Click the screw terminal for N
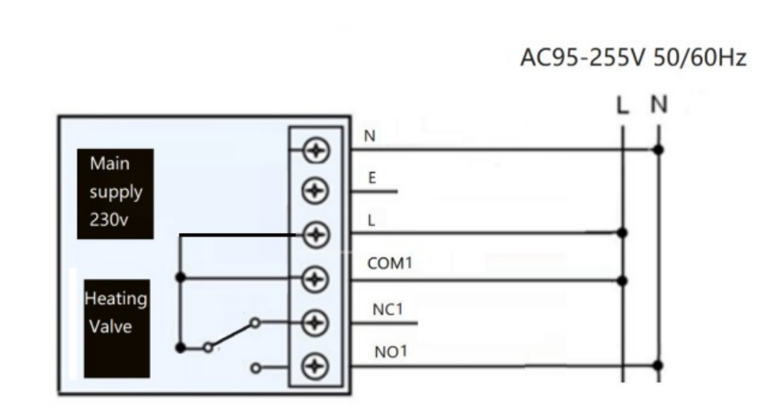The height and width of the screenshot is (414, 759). [x=315, y=151]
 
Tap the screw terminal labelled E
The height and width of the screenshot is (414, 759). [x=315, y=191]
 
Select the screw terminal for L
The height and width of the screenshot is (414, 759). [x=315, y=235]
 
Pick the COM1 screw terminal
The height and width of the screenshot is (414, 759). [x=315, y=279]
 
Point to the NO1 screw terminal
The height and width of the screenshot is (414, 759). [x=315, y=365]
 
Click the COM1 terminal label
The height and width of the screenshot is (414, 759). [x=389, y=264]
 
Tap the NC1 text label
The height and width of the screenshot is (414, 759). [x=387, y=308]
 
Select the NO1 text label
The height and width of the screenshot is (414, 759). [x=389, y=350]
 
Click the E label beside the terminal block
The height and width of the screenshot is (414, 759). [x=372, y=178]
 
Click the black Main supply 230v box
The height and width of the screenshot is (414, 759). [x=115, y=193]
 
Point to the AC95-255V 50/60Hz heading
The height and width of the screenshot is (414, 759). [x=633, y=59]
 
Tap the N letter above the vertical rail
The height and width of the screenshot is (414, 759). [x=658, y=105]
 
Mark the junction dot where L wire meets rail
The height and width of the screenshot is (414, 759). [x=622, y=233]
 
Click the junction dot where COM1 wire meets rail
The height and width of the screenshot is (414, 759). [x=622, y=281]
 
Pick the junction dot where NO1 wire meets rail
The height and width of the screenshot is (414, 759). [x=658, y=364]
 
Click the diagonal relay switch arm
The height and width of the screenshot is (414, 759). [x=232, y=335]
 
